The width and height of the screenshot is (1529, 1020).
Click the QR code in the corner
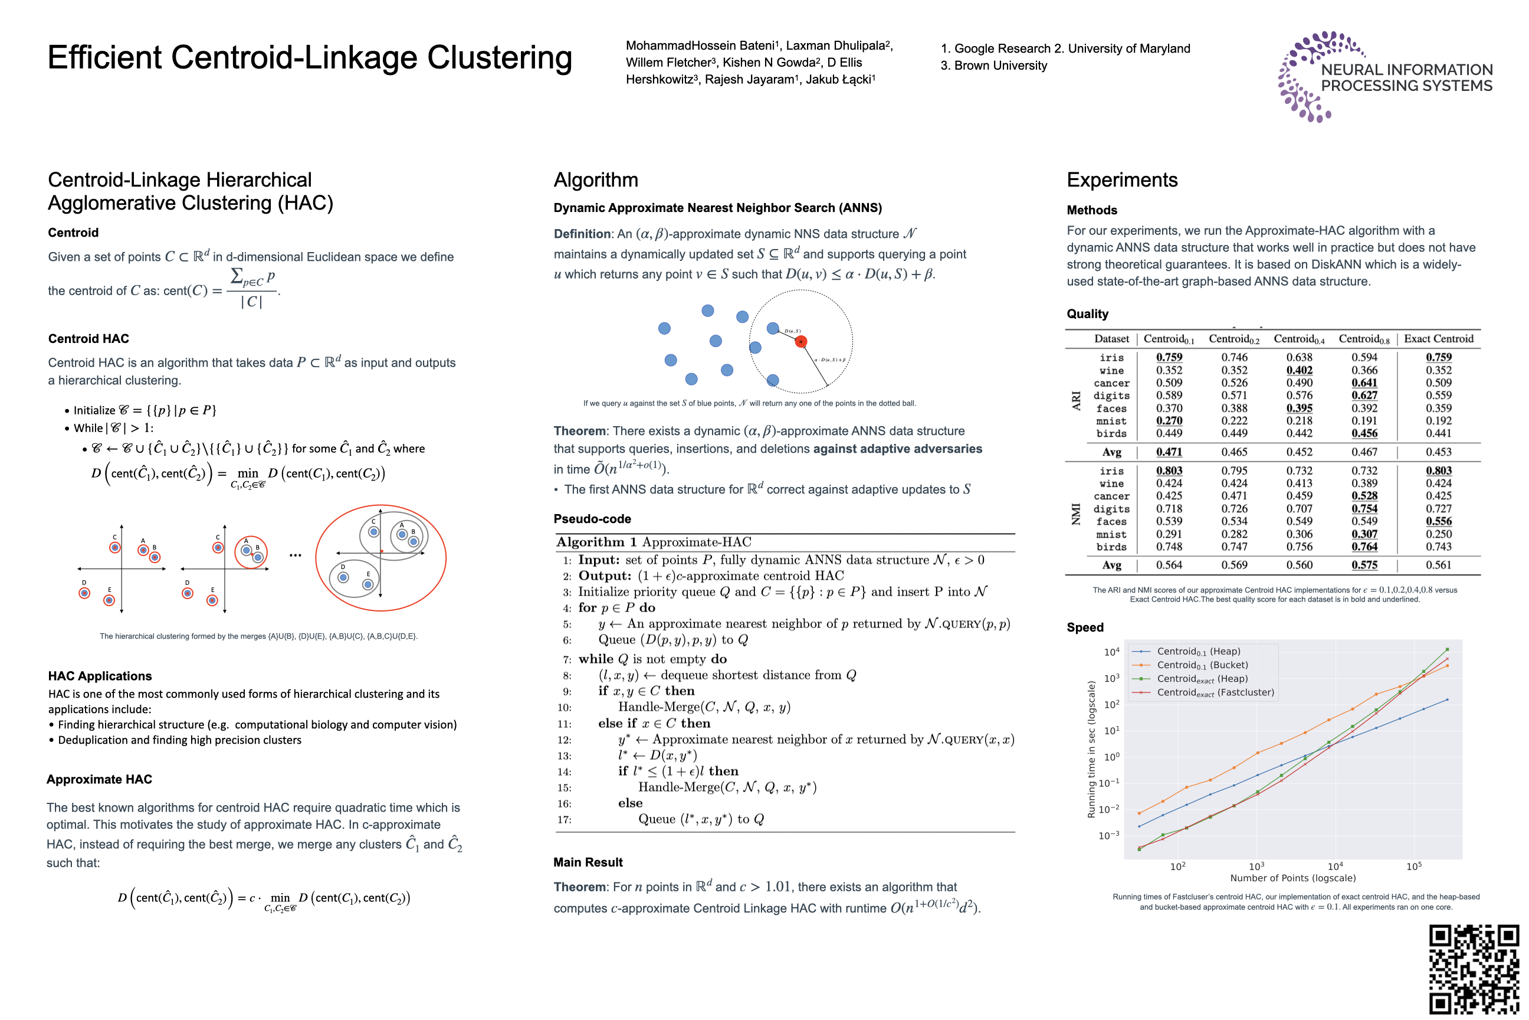click(1473, 969)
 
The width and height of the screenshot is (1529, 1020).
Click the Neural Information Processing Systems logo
click(1384, 77)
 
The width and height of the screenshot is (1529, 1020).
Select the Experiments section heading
click(1122, 180)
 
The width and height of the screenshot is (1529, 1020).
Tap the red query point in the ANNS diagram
click(801, 342)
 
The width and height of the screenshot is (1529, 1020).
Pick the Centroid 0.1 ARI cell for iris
click(1169, 357)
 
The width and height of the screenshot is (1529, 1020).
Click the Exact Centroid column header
click(1439, 339)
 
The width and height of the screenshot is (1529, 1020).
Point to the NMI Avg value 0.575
click(1364, 565)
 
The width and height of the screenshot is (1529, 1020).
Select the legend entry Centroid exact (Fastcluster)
click(1215, 693)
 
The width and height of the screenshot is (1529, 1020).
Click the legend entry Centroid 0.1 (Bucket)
click(1202, 665)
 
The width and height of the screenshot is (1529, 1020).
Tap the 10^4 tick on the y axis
click(1111, 652)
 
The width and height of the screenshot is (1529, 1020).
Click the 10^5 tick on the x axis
click(1414, 867)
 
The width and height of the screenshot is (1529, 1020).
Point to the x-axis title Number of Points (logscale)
click(1293, 878)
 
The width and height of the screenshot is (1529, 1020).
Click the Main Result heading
click(588, 862)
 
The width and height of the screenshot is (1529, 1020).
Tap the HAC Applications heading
click(100, 676)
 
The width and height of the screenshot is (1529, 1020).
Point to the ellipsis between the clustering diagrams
click(295, 555)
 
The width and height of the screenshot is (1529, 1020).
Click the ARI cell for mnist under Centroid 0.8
click(1364, 421)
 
